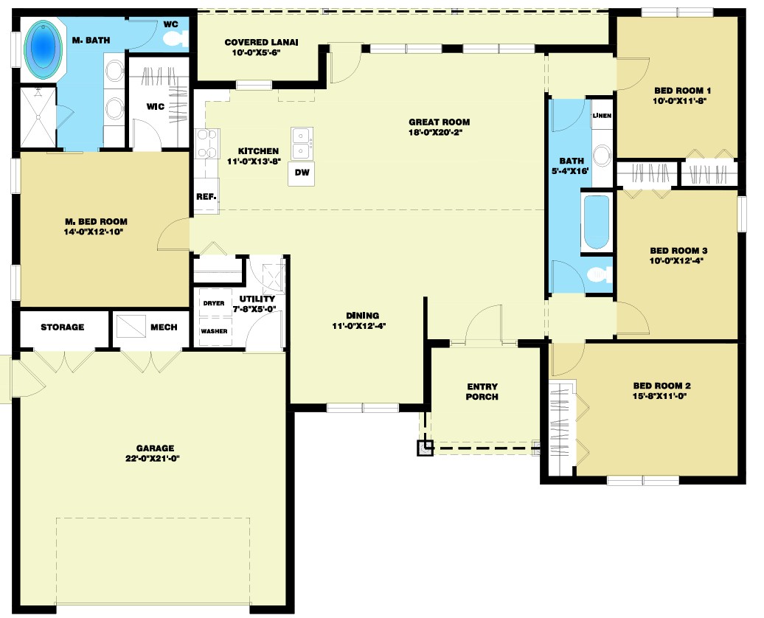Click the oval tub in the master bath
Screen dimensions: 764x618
[44, 49]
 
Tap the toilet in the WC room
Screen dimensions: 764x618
[176, 39]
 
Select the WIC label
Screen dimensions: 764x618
[156, 106]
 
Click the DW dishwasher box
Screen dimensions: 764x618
[302, 174]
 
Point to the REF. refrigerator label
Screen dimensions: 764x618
[206, 196]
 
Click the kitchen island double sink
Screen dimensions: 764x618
[302, 144]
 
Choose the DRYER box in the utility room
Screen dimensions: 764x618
[214, 303]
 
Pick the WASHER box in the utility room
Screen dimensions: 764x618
[214, 331]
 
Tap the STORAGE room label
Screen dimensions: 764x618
[63, 327]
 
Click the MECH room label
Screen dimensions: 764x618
[164, 327]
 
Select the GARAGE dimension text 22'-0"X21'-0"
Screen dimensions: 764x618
[153, 458]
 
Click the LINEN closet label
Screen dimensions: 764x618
[602, 116]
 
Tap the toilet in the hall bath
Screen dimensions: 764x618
[600, 275]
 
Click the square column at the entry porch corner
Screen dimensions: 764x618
[425, 448]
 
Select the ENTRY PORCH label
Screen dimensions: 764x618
[482, 392]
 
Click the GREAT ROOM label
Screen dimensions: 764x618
[440, 122]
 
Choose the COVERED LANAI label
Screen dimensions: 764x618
[261, 42]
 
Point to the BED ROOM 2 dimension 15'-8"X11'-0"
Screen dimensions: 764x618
[660, 396]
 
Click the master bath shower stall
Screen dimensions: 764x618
[38, 117]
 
